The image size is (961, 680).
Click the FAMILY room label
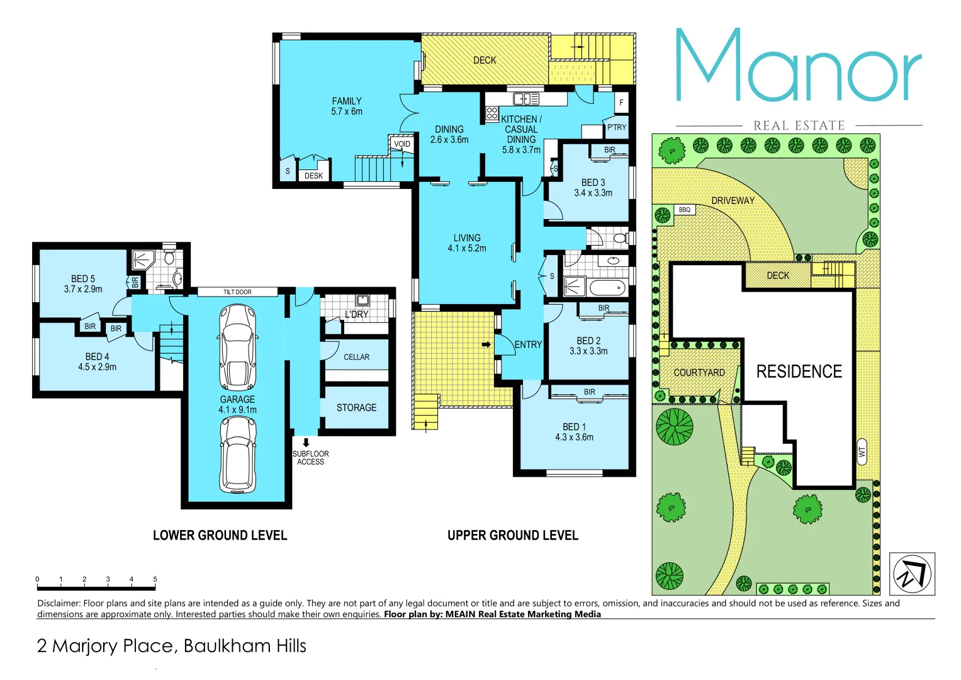coord(347,101)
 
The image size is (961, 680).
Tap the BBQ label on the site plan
coord(685,210)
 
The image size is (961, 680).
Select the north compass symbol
coord(912,574)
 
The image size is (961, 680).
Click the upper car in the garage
coord(237,347)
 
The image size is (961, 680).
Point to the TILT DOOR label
coord(237,292)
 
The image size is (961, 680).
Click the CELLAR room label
coord(356,357)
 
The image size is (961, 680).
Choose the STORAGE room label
coord(356,408)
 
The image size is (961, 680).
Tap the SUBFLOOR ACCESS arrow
coord(306,443)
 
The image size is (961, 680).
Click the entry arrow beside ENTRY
coord(486,344)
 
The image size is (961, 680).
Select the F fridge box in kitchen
coord(621,102)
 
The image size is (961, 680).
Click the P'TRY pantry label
coord(617,127)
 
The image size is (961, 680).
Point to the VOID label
coord(402,144)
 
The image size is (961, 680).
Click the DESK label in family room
coord(313,176)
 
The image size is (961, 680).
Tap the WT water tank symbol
coord(862,451)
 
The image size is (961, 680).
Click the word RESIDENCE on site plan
coord(799,371)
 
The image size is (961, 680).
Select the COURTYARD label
coord(699,373)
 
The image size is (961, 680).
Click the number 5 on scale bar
coord(155,579)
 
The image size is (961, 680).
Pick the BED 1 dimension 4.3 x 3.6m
coord(574,437)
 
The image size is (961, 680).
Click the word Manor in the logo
coord(798,66)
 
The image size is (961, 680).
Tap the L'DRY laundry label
coord(356,314)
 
